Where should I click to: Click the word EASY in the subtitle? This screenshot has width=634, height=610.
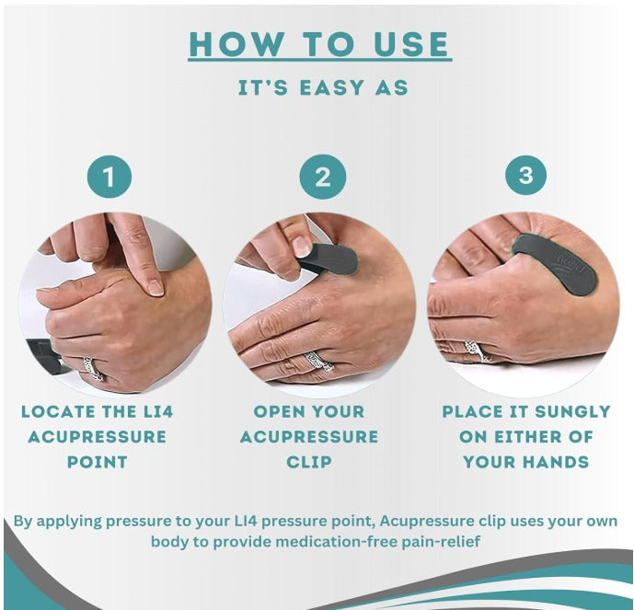click(x=331, y=87)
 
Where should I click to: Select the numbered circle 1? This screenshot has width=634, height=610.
click(x=110, y=177)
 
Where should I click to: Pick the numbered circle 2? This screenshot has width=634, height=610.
click(x=323, y=177)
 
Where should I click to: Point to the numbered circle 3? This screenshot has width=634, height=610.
click(x=525, y=176)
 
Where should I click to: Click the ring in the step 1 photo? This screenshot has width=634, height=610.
click(x=93, y=368)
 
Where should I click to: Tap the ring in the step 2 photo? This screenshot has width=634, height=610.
click(x=319, y=361)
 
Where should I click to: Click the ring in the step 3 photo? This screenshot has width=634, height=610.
click(x=478, y=351)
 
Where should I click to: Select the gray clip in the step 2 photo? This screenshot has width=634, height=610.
click(x=329, y=259)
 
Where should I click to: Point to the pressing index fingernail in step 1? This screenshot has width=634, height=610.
click(x=156, y=287)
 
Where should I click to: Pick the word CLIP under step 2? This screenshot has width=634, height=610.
click(x=309, y=462)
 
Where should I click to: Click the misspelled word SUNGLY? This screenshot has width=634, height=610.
click(x=572, y=412)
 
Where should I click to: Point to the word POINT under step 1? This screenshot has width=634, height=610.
click(x=97, y=462)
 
